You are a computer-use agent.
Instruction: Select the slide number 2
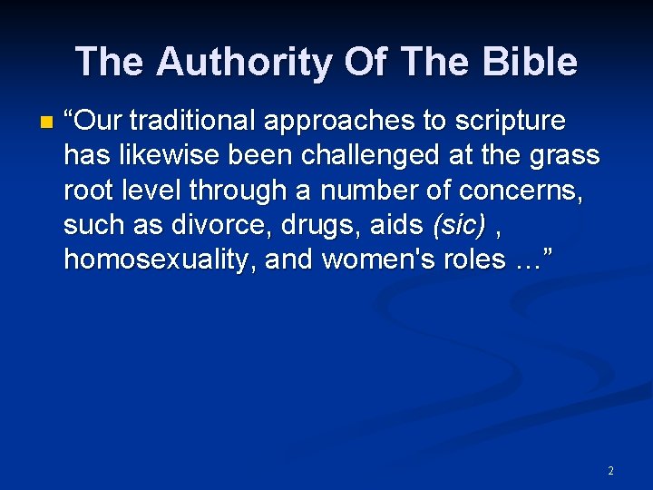(x=610, y=471)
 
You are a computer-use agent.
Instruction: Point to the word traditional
(x=191, y=121)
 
